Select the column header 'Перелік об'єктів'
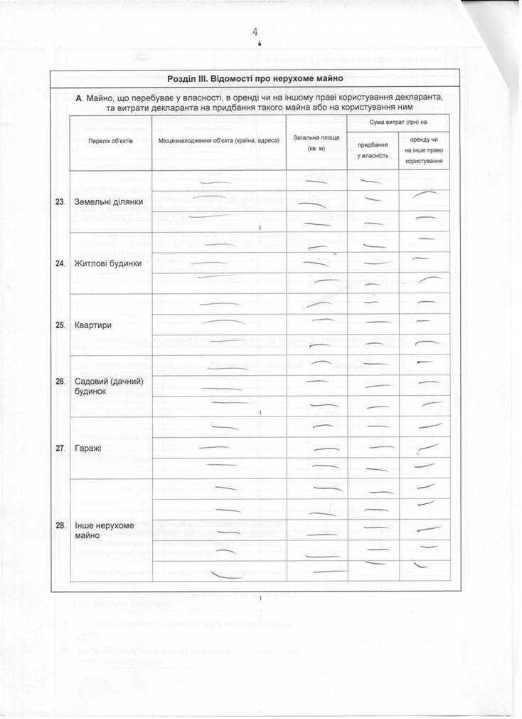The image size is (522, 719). pyautogui.click(x=110, y=142)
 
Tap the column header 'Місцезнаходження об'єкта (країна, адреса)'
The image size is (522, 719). pyautogui.click(x=219, y=141)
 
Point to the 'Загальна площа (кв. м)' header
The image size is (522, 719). pyautogui.click(x=316, y=142)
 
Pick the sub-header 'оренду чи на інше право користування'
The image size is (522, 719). pyautogui.click(x=425, y=150)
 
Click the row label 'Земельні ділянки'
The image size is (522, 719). pyautogui.click(x=109, y=202)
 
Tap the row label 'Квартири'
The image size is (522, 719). pyautogui.click(x=93, y=325)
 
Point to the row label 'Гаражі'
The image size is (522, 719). pyautogui.click(x=88, y=448)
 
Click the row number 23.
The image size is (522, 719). pyautogui.click(x=60, y=202)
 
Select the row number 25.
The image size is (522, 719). pyautogui.click(x=60, y=325)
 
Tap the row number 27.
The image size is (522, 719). pyautogui.click(x=60, y=448)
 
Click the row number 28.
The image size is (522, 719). pyautogui.click(x=60, y=525)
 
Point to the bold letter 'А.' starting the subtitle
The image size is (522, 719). pyautogui.click(x=80, y=96)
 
